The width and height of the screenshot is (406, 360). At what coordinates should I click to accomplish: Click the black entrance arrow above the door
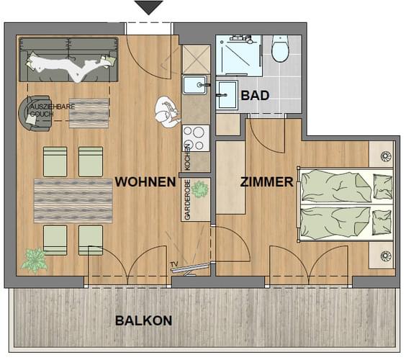click(x=148, y=7)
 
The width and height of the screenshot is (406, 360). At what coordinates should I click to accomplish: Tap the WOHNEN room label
click(x=145, y=182)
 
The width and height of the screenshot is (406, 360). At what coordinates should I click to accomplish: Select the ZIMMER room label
click(x=266, y=182)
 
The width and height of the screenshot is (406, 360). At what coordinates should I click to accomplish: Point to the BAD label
click(x=255, y=96)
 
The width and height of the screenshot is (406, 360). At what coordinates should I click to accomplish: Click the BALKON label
click(x=144, y=320)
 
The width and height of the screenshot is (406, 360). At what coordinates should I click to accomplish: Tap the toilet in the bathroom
click(x=280, y=48)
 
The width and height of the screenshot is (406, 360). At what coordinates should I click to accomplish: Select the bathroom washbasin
click(x=227, y=95)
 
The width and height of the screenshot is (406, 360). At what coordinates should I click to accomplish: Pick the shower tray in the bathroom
click(x=238, y=55)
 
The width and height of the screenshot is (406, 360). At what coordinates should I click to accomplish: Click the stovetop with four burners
click(x=196, y=138)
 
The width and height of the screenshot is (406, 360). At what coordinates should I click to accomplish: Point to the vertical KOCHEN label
click(x=187, y=157)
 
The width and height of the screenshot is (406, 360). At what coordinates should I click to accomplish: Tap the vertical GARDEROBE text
click(x=187, y=199)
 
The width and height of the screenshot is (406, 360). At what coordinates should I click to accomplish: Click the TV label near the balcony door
click(x=174, y=264)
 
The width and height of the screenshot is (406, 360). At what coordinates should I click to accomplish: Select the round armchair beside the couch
click(x=35, y=114)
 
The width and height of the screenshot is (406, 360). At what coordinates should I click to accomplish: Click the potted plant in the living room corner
click(x=35, y=261)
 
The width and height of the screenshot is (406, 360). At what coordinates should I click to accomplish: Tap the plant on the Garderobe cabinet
click(x=200, y=189)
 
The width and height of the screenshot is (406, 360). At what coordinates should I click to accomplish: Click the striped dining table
click(x=73, y=201)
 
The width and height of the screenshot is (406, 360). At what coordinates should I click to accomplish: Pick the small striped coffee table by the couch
click(x=89, y=113)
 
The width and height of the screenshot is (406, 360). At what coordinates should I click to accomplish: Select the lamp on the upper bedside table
click(x=386, y=156)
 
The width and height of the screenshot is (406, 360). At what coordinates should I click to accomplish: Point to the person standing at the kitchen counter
click(x=167, y=112)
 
